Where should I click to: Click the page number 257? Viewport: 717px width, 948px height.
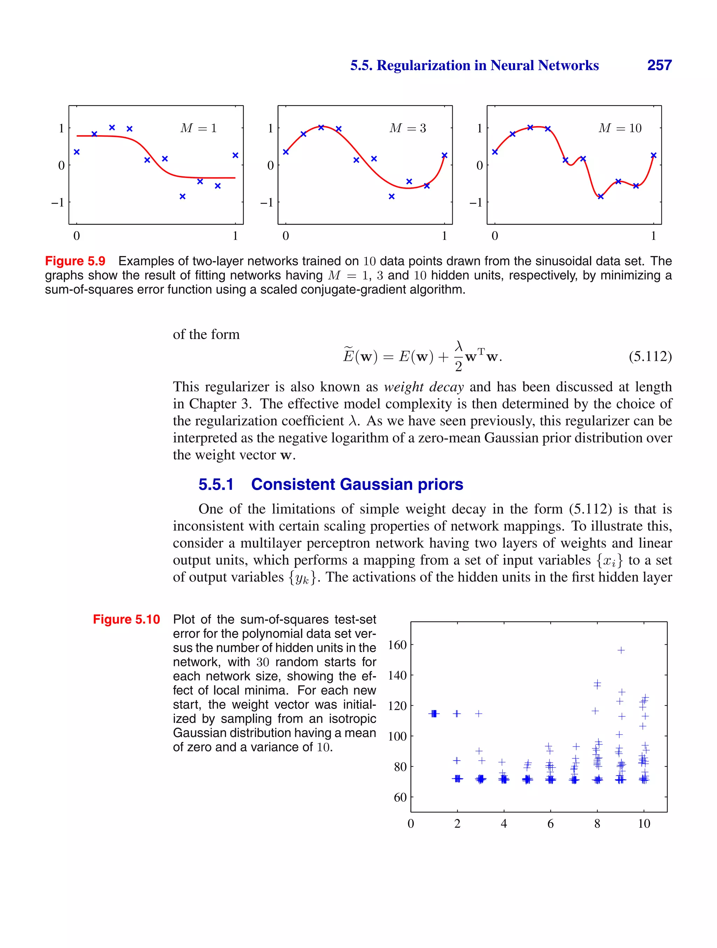[x=659, y=65]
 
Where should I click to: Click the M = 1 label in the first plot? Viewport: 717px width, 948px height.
[x=198, y=128]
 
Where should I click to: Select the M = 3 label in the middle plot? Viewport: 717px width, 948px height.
[x=407, y=128]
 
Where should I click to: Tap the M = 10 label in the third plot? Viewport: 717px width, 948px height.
[x=620, y=128]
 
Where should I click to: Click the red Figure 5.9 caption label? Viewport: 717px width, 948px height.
[x=75, y=261]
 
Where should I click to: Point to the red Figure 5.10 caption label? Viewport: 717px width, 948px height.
[x=126, y=619]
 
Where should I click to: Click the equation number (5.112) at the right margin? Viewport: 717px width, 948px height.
[x=650, y=356]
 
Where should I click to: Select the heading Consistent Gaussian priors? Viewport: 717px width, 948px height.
[x=357, y=484]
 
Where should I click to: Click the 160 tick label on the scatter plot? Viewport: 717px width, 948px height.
[x=397, y=645]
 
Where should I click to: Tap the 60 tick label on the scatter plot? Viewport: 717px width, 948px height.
[x=400, y=797]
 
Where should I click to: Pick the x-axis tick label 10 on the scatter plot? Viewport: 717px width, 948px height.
[x=644, y=824]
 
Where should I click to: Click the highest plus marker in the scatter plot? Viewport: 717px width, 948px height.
[x=621, y=650]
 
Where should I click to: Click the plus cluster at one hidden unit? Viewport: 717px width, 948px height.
[x=434, y=714]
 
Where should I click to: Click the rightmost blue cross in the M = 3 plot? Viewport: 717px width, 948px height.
[x=444, y=156]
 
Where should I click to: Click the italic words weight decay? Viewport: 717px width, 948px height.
[x=424, y=387]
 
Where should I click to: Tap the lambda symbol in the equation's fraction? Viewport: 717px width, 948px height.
[x=459, y=346]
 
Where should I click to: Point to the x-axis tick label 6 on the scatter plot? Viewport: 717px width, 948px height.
[x=550, y=824]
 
